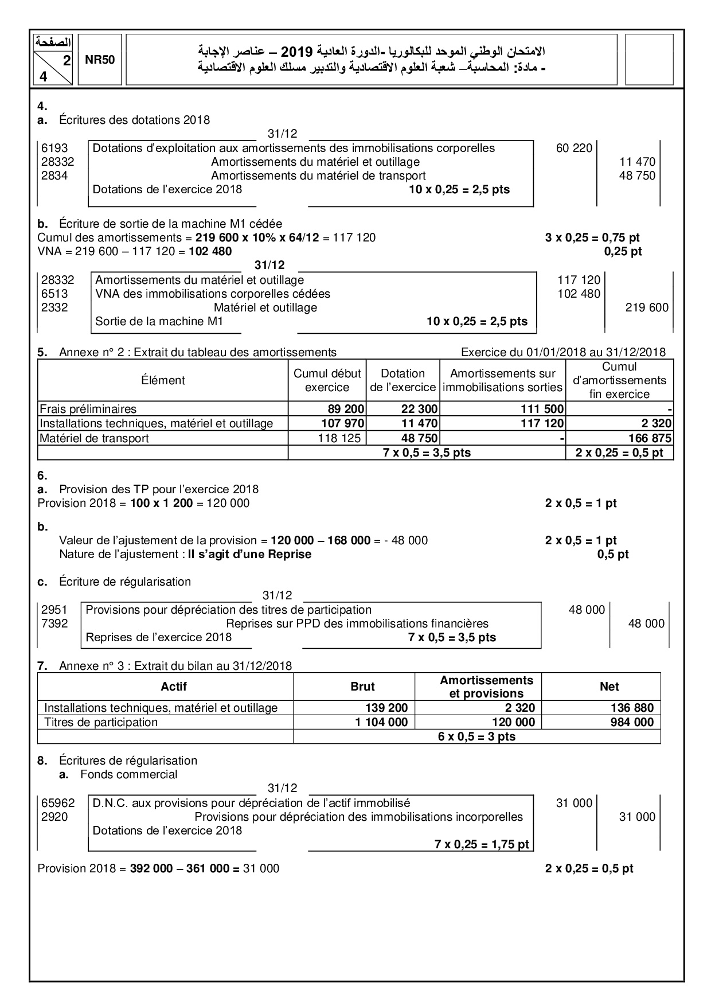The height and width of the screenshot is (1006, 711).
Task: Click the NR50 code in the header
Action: click(x=100, y=60)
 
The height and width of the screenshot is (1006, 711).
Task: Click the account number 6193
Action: click(x=54, y=148)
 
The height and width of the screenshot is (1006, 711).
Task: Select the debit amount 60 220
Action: click(x=574, y=148)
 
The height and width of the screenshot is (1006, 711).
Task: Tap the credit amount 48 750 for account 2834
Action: click(x=637, y=176)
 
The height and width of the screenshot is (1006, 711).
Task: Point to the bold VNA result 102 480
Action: click(x=210, y=251)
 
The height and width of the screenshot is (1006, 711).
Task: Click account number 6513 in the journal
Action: click(x=54, y=294)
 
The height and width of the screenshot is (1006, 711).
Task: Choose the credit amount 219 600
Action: click(x=647, y=307)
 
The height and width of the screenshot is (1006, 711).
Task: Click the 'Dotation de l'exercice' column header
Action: click(x=403, y=380)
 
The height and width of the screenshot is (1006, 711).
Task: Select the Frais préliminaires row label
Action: click(x=88, y=409)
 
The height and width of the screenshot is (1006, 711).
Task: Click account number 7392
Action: click(x=54, y=623)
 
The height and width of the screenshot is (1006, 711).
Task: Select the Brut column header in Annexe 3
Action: click(x=362, y=687)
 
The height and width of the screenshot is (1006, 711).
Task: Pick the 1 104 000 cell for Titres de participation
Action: click(x=381, y=722)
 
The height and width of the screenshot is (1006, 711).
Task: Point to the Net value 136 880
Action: click(x=632, y=708)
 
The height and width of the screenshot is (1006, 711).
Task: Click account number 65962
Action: click(x=58, y=803)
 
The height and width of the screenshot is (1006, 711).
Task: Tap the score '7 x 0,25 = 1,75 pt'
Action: click(x=482, y=844)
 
